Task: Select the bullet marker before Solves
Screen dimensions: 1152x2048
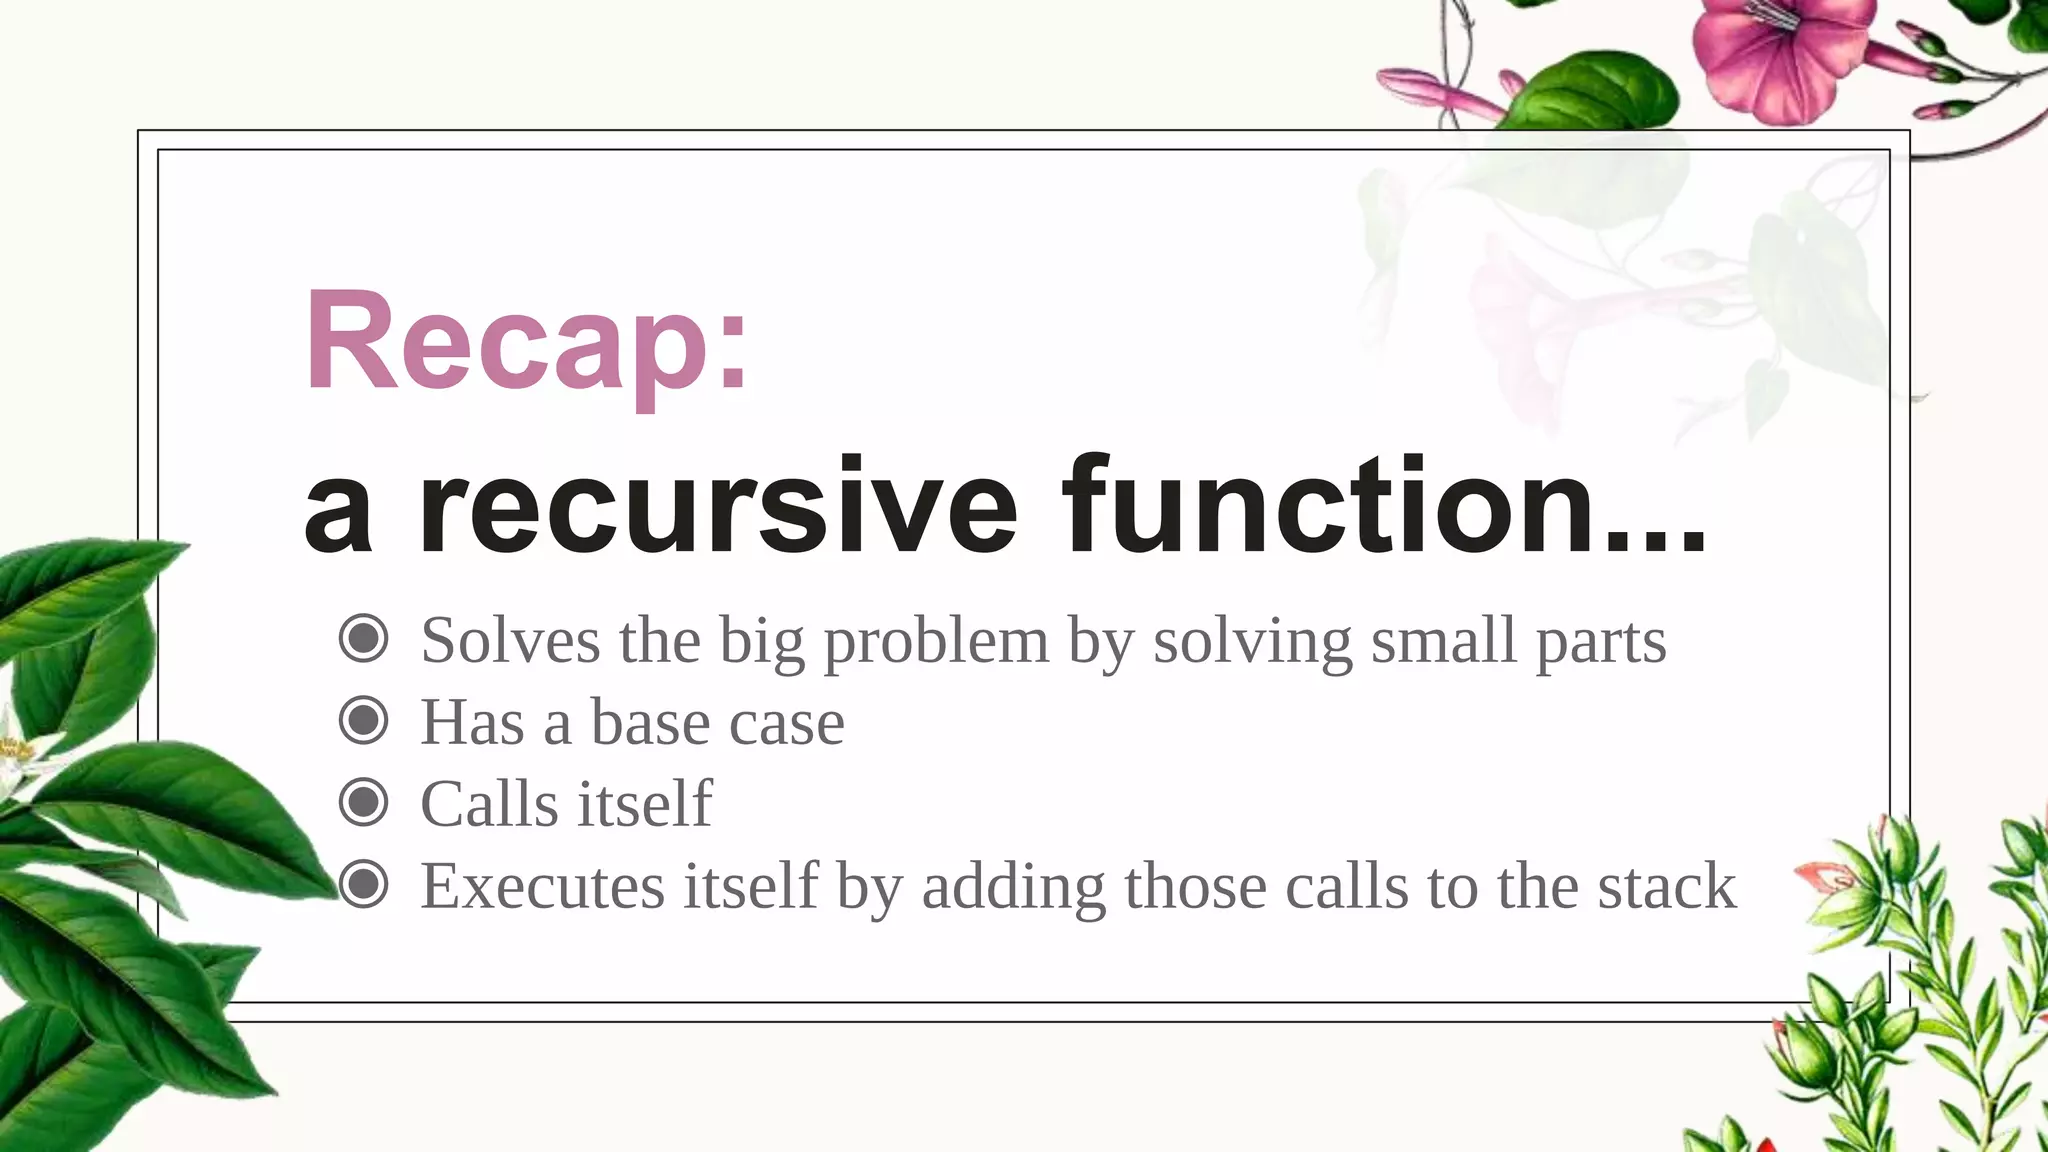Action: coord(363,638)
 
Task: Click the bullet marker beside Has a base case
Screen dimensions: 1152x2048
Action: coord(363,720)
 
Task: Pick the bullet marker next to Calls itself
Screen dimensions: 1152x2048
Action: coord(363,802)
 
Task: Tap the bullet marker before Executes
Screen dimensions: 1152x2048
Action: coord(363,884)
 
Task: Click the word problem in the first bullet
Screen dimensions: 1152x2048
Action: coord(936,643)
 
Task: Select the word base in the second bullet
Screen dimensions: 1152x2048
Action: coord(650,722)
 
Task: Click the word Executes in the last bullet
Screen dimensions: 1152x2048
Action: coord(542,886)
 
